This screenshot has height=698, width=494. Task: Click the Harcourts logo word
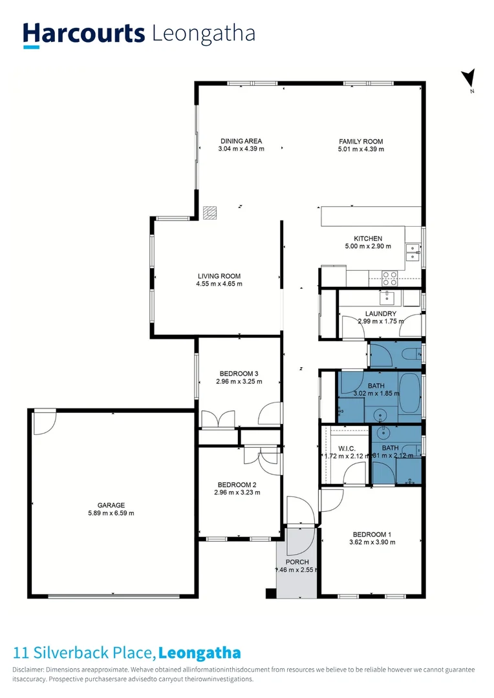pos(83,34)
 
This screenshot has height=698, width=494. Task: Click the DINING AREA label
pos(241,141)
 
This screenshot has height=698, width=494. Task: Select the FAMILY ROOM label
pos(361,141)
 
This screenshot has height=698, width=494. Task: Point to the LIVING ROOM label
pos(219,276)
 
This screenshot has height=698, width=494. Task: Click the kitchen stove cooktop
pos(390,277)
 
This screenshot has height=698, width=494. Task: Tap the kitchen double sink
pos(412,252)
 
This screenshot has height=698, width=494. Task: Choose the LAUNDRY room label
pos(380,314)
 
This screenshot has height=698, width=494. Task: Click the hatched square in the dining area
pos(209,212)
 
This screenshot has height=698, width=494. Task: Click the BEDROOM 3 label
pos(239,374)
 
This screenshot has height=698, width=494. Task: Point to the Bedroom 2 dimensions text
pos(238,492)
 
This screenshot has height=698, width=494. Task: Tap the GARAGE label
pos(111,505)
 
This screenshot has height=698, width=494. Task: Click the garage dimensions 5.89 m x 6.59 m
pos(111,513)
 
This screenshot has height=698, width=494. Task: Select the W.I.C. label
pos(347,448)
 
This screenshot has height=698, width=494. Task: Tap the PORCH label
pos(298,562)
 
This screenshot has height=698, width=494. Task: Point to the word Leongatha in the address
pos(200,653)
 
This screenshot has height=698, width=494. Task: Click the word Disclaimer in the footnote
pos(28,670)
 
